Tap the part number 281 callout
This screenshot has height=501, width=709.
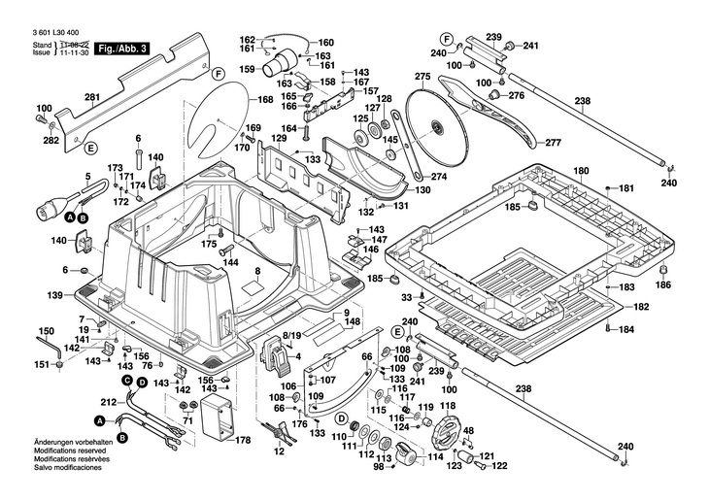coord(91,97)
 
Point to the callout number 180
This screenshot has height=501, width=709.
coord(581,172)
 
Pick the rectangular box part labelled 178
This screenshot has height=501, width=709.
coord(218,423)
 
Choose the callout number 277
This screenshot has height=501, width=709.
coord(553,144)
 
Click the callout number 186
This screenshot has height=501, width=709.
coord(663,285)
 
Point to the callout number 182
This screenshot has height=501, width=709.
coord(640,307)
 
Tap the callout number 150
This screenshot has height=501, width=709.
coord(47,331)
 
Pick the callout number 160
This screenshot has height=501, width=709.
coord(325,42)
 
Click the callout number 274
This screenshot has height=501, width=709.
coord(438,177)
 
